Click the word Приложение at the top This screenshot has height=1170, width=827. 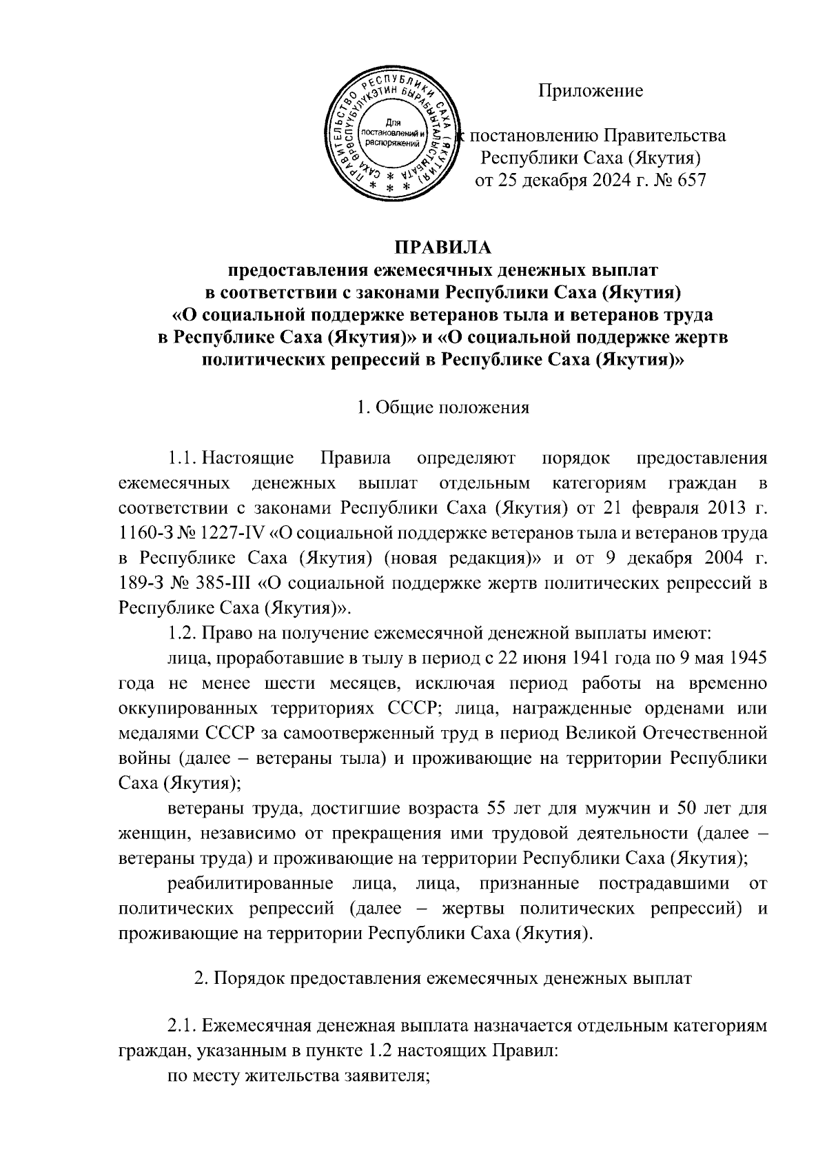[x=590, y=90]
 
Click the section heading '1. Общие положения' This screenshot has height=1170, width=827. [x=443, y=407]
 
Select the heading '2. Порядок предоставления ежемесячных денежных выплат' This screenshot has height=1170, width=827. [x=443, y=979]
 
